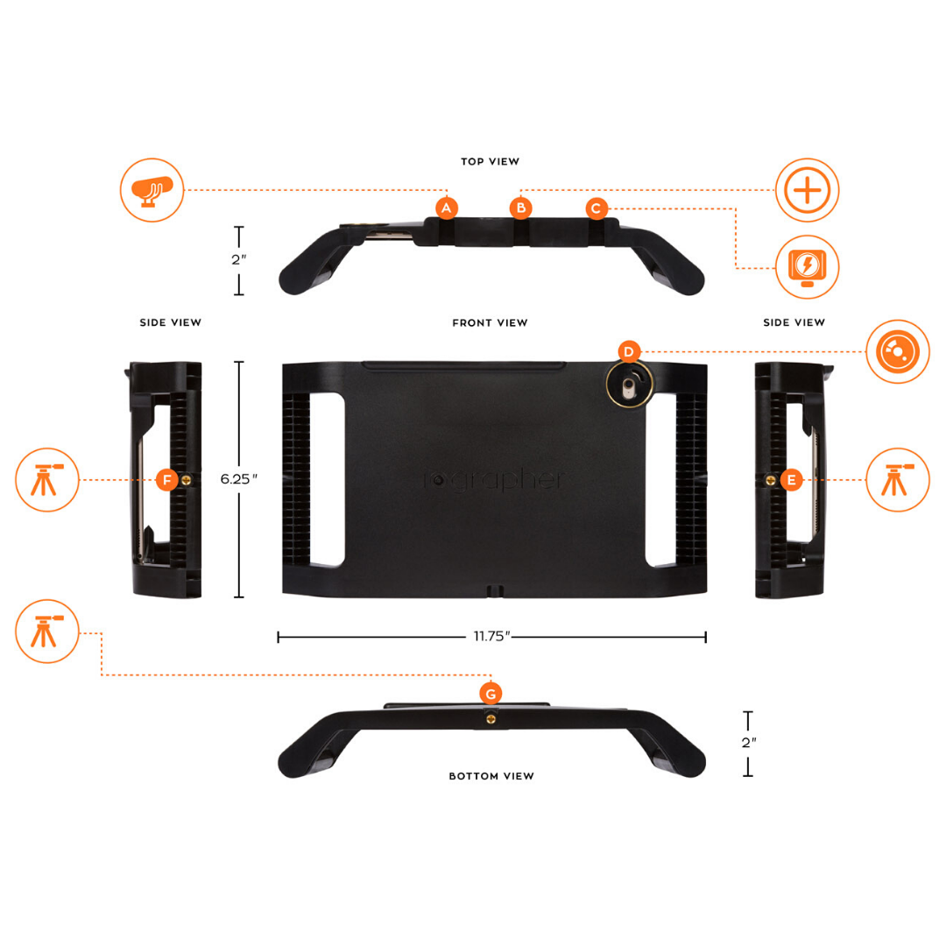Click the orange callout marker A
(x=447, y=208)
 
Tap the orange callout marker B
(x=520, y=208)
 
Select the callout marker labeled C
(x=597, y=208)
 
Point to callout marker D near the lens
(x=629, y=352)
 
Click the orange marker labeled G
(x=491, y=694)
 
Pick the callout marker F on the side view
(x=167, y=480)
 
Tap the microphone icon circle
(x=152, y=190)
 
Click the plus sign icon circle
(x=808, y=190)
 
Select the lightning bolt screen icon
(x=808, y=266)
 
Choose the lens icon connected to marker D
(x=898, y=351)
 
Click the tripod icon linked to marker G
(x=47, y=631)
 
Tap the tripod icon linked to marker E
(x=898, y=480)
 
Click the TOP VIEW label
(x=490, y=162)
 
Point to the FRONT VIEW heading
(x=490, y=322)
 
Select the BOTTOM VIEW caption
(x=491, y=776)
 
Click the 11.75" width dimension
(x=491, y=636)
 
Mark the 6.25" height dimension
(x=239, y=479)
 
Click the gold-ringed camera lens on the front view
(x=629, y=385)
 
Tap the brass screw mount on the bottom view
(x=491, y=719)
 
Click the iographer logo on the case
(x=493, y=480)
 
